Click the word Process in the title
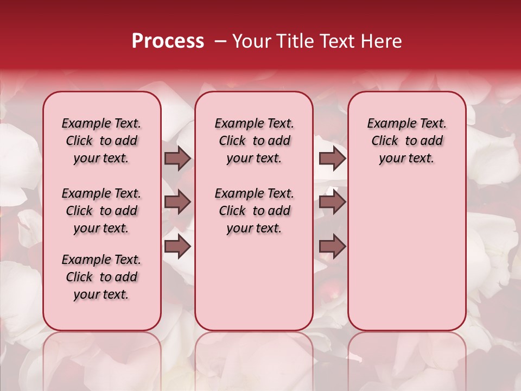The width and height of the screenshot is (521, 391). (168, 41)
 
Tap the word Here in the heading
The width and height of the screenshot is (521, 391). (382, 41)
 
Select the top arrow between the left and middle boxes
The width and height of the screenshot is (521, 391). (177, 158)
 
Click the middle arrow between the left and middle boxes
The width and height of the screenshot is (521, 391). (177, 202)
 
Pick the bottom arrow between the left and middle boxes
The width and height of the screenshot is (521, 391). (177, 247)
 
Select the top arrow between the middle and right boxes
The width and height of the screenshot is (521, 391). (332, 158)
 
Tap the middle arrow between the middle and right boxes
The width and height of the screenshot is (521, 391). (332, 202)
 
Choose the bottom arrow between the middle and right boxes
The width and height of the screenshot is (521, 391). (332, 247)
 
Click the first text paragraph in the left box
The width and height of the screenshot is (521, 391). (101, 141)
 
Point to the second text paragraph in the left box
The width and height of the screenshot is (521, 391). (101, 211)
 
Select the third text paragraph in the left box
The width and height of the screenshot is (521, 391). (101, 277)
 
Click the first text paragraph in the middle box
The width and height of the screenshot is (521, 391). (254, 141)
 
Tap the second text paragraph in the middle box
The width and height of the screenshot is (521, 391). (254, 211)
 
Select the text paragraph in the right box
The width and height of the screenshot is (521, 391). (406, 141)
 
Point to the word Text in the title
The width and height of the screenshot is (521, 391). (340, 41)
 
